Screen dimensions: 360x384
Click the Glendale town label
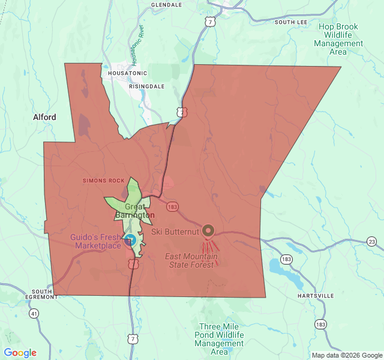pyautogui.click(x=166, y=4)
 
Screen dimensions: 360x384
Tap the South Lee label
pyautogui.click(x=291, y=22)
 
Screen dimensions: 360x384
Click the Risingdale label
pyautogui.click(x=147, y=86)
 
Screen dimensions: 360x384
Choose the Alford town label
pyautogui.click(x=44, y=117)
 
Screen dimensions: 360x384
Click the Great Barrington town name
pyautogui.click(x=135, y=211)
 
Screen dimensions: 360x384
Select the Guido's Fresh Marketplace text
pyautogui.click(x=96, y=241)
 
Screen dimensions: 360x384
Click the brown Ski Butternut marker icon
pyautogui.click(x=208, y=230)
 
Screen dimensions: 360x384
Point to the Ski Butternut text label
pyautogui.click(x=174, y=231)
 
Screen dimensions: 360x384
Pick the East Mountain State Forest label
pyautogui.click(x=191, y=260)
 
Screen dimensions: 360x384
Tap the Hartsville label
pyautogui.click(x=316, y=296)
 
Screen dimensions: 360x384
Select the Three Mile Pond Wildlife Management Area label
pyautogui.click(x=219, y=339)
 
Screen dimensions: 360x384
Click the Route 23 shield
pyautogui.click(x=372, y=241)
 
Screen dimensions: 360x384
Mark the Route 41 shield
pyautogui.click(x=34, y=313)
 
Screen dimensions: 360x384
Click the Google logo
pyautogui.click(x=20, y=353)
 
